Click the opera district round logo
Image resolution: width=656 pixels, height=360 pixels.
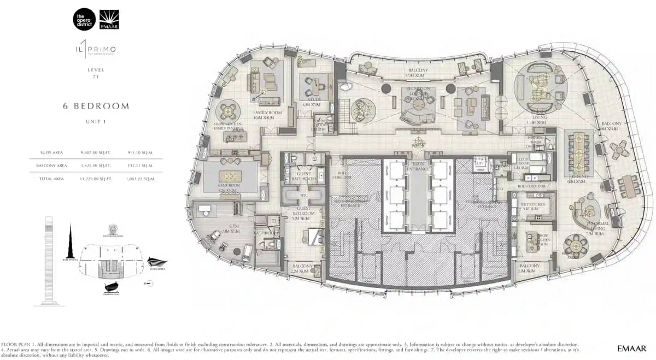pyautogui.click(x=84, y=20)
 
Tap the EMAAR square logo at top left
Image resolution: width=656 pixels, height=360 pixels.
pyautogui.click(x=109, y=20)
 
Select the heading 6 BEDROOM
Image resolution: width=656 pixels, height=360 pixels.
pyautogui.click(x=96, y=106)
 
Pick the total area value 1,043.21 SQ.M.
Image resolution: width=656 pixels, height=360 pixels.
pyautogui.click(x=140, y=179)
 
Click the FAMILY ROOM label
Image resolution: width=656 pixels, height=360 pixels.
pyautogui.click(x=267, y=113)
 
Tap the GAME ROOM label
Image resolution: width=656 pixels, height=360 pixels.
pyautogui.click(x=230, y=190)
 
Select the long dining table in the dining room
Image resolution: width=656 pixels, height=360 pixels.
pyautogui.click(x=578, y=152)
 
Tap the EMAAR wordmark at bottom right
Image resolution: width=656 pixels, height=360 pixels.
pyautogui.click(x=631, y=348)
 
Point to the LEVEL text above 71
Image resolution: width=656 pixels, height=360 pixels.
pyautogui.click(x=96, y=70)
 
